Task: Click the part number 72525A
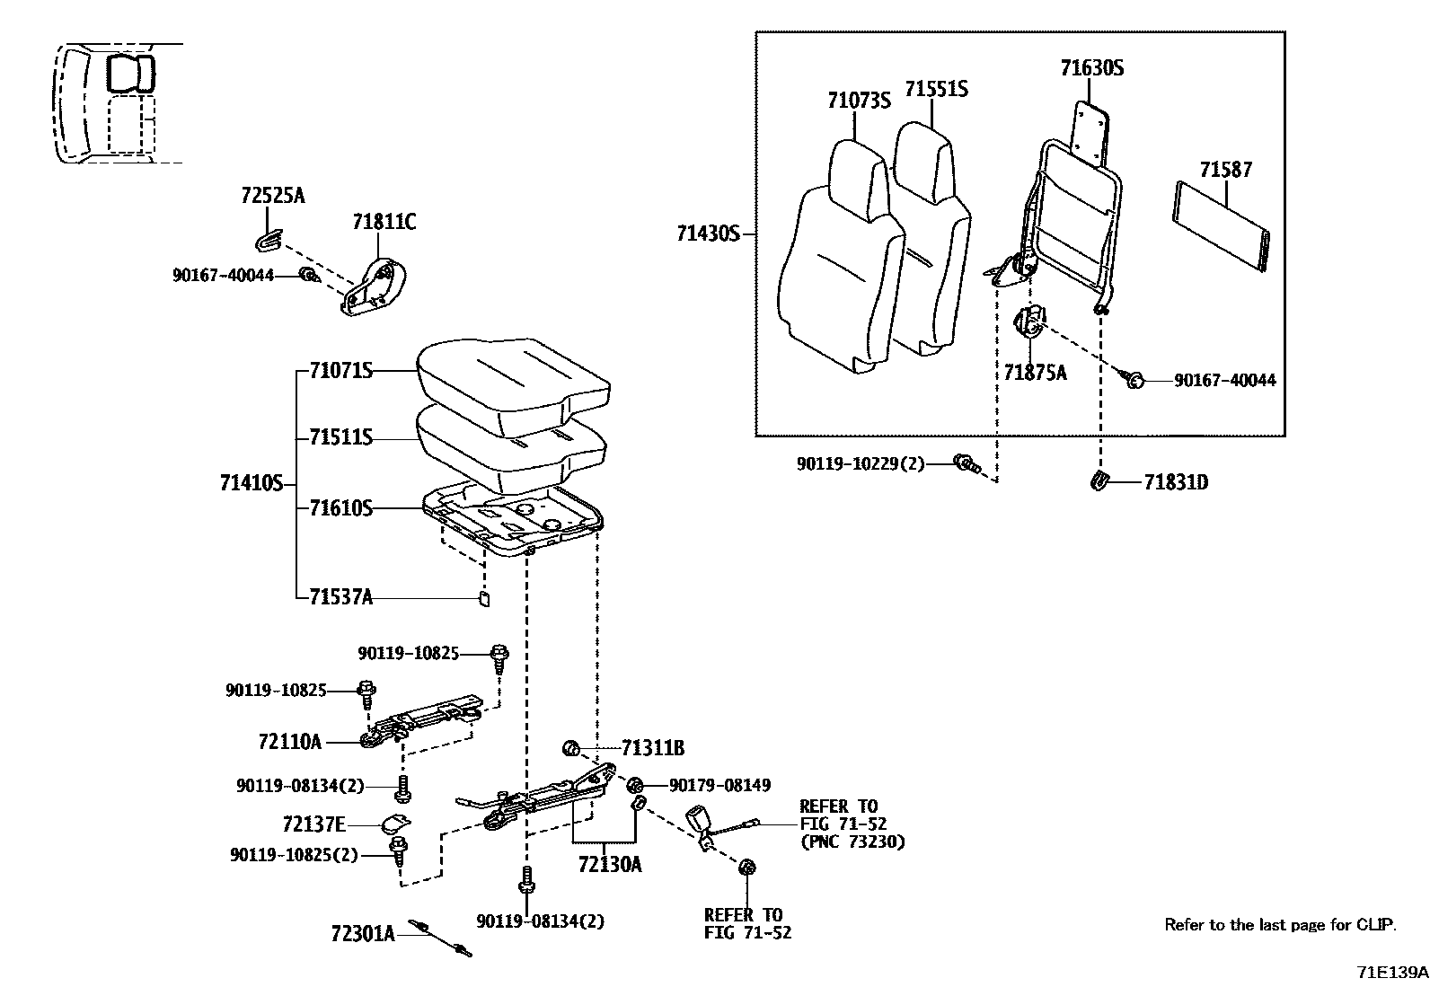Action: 273,196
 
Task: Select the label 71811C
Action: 384,222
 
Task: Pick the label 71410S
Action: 251,484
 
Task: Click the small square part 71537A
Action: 482,599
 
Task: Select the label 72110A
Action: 289,742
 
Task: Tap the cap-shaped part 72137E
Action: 394,822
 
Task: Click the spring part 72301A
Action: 440,938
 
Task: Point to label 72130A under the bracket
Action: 611,865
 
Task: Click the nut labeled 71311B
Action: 569,747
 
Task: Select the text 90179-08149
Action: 719,786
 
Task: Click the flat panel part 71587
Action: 1222,225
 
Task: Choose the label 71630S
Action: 1091,68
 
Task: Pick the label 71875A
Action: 1035,373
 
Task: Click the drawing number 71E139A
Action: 1391,972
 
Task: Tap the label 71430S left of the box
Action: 708,234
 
